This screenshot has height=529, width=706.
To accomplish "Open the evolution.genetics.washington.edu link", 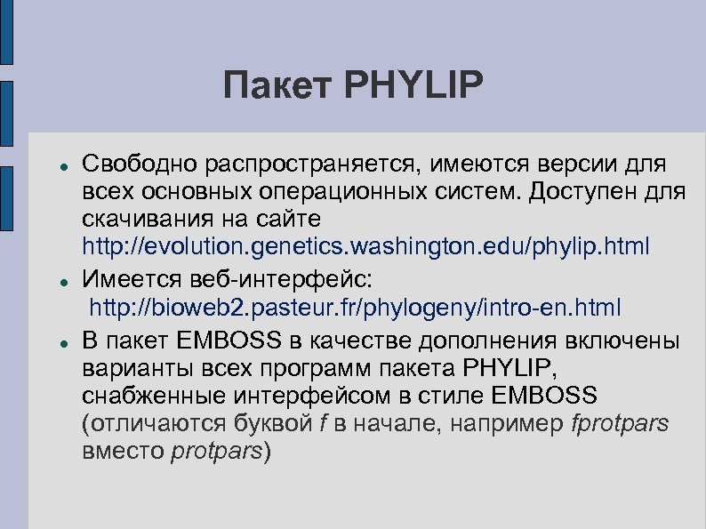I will pyautogui.click(x=365, y=245).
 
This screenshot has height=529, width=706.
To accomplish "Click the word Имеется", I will pyautogui.click(x=130, y=279).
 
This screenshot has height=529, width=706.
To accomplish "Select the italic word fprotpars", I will pyautogui.click(x=619, y=423).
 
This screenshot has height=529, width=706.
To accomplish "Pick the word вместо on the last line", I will pyautogui.click(x=122, y=451).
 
